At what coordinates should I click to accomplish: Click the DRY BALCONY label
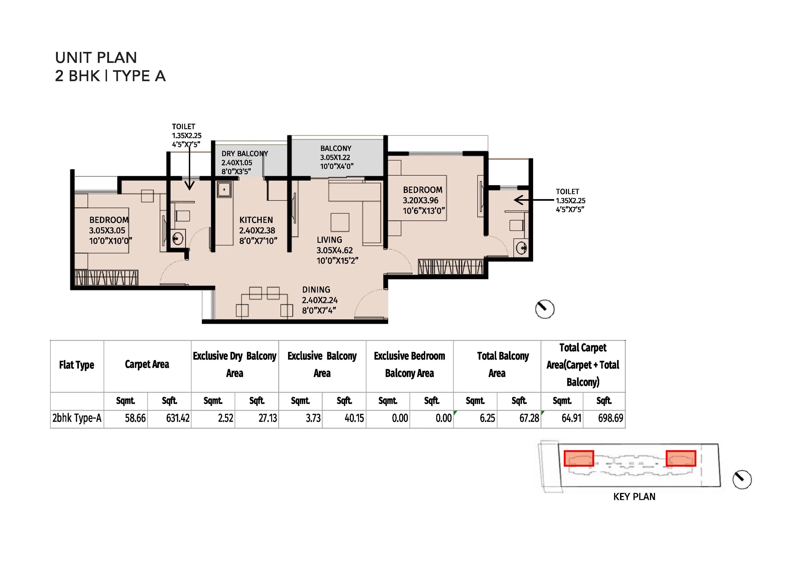245,154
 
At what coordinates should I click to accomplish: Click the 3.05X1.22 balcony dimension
335,158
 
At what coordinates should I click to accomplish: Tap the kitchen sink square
224,190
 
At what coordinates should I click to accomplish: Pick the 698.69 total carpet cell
610,418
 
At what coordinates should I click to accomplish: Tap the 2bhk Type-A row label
77,418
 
